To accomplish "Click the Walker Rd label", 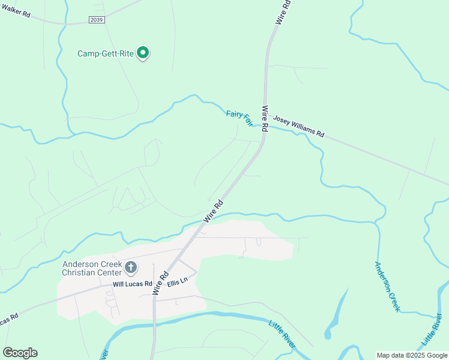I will pyautogui.click(x=16, y=11).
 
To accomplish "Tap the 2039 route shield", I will pyautogui.click(x=96, y=20).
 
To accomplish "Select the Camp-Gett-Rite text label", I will pyautogui.click(x=105, y=53).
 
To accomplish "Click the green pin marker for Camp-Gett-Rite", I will pyautogui.click(x=143, y=53).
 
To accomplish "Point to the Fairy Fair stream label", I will pyautogui.click(x=239, y=118).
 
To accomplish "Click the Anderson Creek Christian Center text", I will pyautogui.click(x=92, y=268).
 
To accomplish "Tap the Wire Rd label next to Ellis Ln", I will pyautogui.click(x=159, y=283).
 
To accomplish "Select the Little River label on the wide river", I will pyautogui.click(x=282, y=335).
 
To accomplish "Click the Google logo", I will pyautogui.click(x=20, y=353).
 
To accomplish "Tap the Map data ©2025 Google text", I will pyautogui.click(x=412, y=355).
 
